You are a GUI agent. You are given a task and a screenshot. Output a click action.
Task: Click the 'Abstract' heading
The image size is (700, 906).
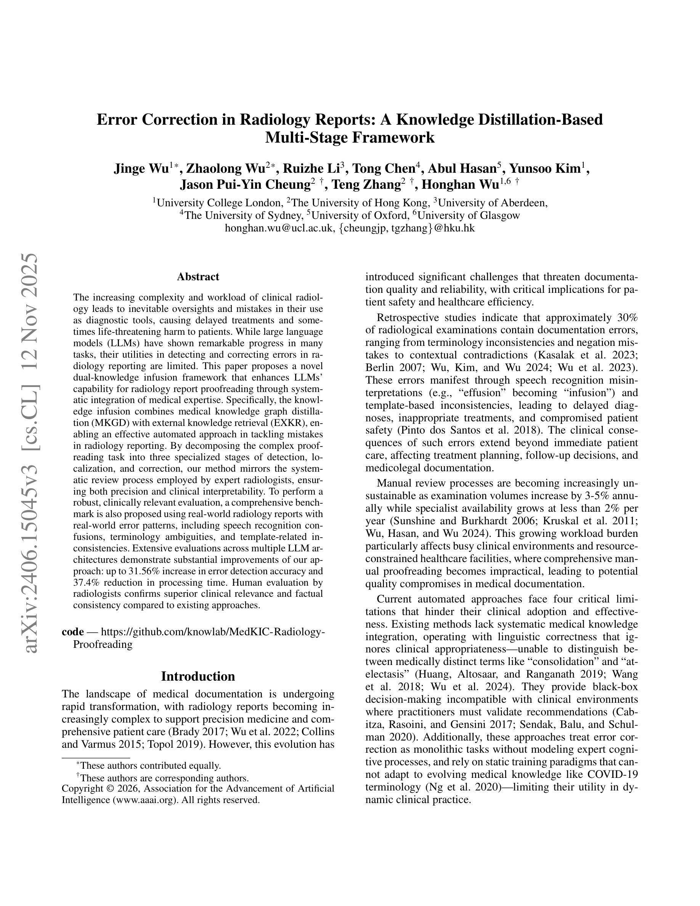198,277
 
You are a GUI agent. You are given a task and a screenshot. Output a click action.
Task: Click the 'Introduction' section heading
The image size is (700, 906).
198,676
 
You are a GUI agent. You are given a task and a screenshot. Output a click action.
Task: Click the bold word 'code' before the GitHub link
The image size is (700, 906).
72,632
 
